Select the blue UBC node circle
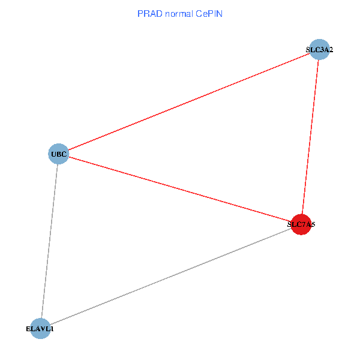coord(58,154)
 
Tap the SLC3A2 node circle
coord(319,50)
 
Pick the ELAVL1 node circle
coord(40,329)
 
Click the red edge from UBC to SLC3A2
coord(188,102)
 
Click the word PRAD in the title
coord(149,13)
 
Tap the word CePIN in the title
coord(209,13)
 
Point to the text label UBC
coord(58,155)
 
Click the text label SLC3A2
coord(319,50)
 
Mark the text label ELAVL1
coord(40,329)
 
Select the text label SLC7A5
coord(301,225)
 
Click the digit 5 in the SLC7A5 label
coord(313,225)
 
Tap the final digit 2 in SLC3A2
coord(330,50)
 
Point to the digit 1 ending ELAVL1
coord(52,329)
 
